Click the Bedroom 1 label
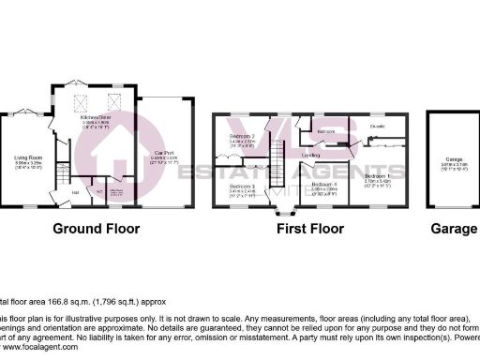[x=377, y=175]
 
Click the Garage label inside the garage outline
[x=454, y=185]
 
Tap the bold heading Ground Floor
[x=97, y=229]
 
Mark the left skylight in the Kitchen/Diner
[x=82, y=102]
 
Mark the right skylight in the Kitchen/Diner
[x=115, y=102]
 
